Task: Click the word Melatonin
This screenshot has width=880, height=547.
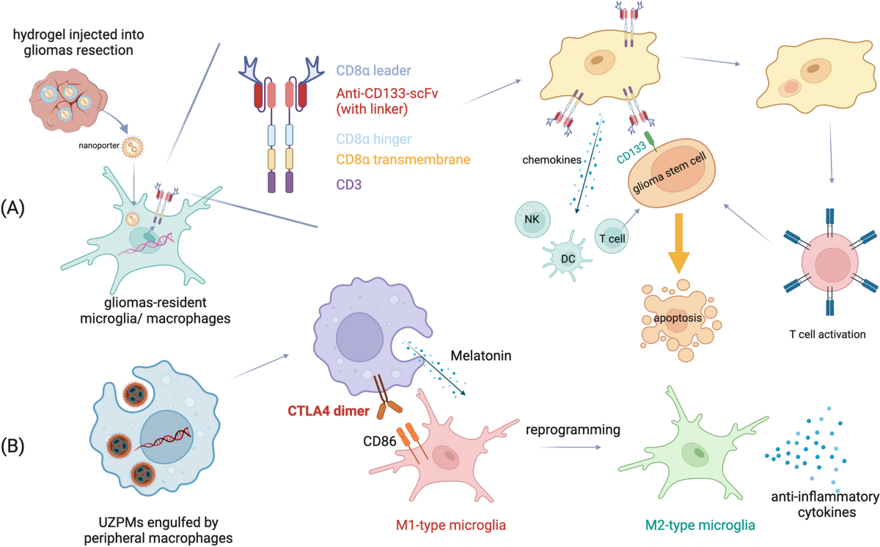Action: [482, 354]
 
